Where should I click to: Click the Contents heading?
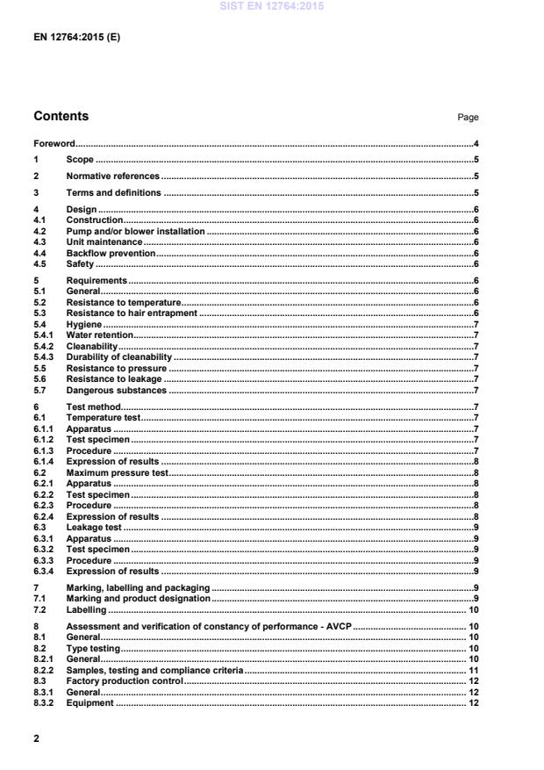click(x=61, y=116)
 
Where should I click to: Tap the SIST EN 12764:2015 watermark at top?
click(x=273, y=6)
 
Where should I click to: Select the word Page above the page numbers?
click(x=468, y=117)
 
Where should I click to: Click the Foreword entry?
click(x=54, y=143)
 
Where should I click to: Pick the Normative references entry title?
click(x=113, y=176)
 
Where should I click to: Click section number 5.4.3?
click(x=44, y=357)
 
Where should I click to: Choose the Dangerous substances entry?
click(x=116, y=390)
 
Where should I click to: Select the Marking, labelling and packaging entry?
click(x=138, y=587)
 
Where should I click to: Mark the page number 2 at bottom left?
click(x=36, y=739)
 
